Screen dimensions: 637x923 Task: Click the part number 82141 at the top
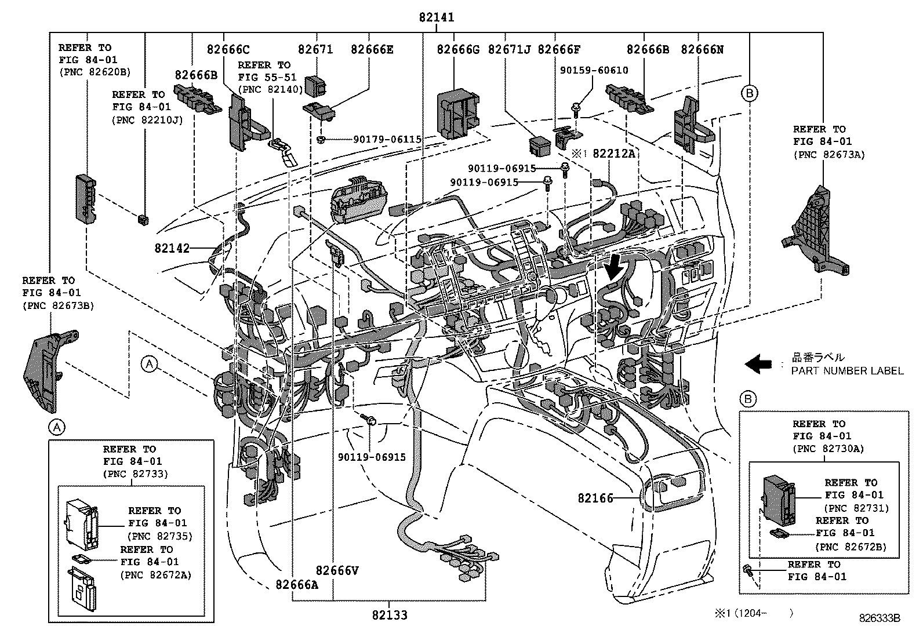coord(437,18)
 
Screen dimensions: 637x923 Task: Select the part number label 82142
coord(172,248)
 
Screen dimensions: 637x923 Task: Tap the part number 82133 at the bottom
coord(390,615)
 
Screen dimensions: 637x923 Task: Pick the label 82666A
coord(297,584)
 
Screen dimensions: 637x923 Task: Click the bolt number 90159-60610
coord(594,70)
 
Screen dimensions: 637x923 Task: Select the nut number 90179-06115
coord(387,140)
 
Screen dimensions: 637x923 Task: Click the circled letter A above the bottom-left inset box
coord(56,427)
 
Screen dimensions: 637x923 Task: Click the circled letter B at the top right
coord(749,93)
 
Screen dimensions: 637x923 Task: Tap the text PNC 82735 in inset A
coord(160,536)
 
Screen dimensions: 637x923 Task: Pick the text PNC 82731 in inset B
coord(856,508)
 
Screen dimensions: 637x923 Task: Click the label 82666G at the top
coord(458,50)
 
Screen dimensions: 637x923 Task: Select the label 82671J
coord(509,50)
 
